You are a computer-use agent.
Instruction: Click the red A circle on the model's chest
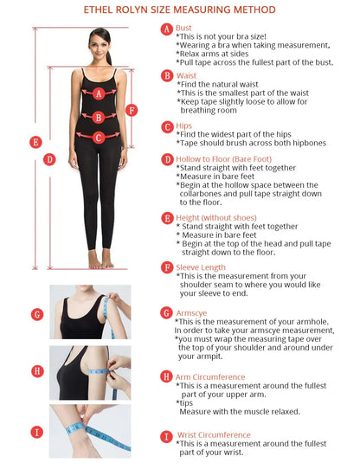coord(99,93)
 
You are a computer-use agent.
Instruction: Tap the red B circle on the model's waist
coord(99,118)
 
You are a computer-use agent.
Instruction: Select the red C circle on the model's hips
coord(99,138)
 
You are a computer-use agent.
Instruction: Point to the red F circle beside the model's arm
coord(132,110)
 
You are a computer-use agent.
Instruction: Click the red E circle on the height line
coord(35,142)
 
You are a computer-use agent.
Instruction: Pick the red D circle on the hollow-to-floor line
coord(49,159)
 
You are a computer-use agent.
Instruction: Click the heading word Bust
coord(183,28)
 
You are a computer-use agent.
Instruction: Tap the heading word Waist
coord(186,75)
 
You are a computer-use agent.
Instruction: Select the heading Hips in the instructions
coord(183,126)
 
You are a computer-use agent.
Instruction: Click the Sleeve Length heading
coord(201,267)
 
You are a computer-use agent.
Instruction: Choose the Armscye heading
coord(191,313)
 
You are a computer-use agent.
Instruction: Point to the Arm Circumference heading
coord(210,377)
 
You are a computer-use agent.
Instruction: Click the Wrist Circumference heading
coord(214,435)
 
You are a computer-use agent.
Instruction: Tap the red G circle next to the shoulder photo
coord(37,314)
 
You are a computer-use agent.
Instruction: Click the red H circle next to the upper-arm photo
coord(37,371)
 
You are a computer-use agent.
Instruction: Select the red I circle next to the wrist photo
coord(37,432)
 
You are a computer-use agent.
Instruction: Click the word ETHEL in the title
coord(98,10)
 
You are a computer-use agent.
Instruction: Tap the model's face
coord(100,47)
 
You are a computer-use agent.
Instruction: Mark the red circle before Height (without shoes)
coord(167,218)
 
